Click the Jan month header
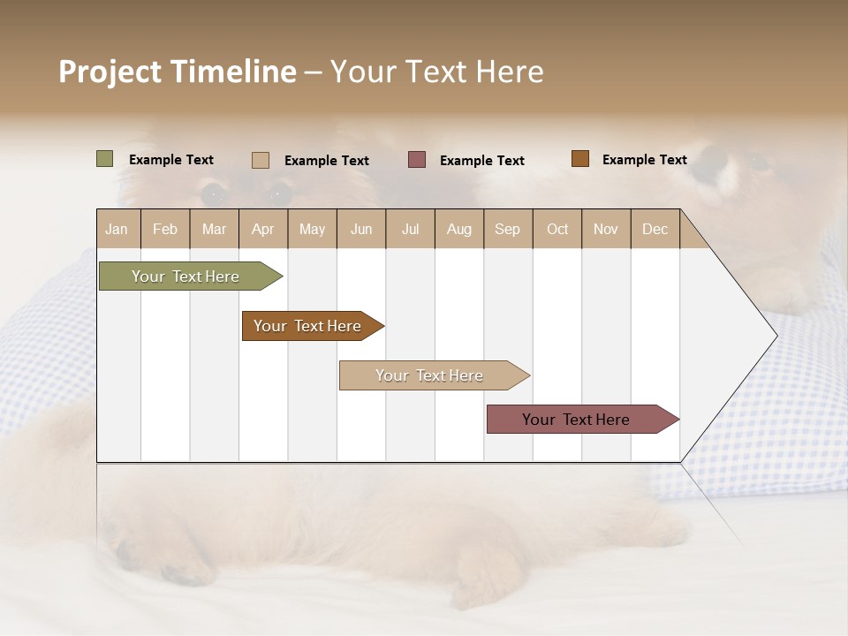(x=117, y=229)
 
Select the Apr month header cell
(x=262, y=229)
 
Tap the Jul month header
(x=410, y=229)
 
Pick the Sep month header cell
(x=507, y=229)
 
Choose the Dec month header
(x=655, y=229)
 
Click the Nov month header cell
(x=605, y=229)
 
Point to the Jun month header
(x=360, y=229)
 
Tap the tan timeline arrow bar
(x=430, y=375)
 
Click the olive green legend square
(x=104, y=159)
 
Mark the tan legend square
(x=260, y=160)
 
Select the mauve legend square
(x=416, y=160)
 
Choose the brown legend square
(x=579, y=159)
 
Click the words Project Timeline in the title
(x=177, y=72)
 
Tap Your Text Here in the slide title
(x=436, y=72)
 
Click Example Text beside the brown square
(x=644, y=160)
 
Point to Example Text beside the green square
(x=170, y=160)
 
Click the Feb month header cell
(x=164, y=229)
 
